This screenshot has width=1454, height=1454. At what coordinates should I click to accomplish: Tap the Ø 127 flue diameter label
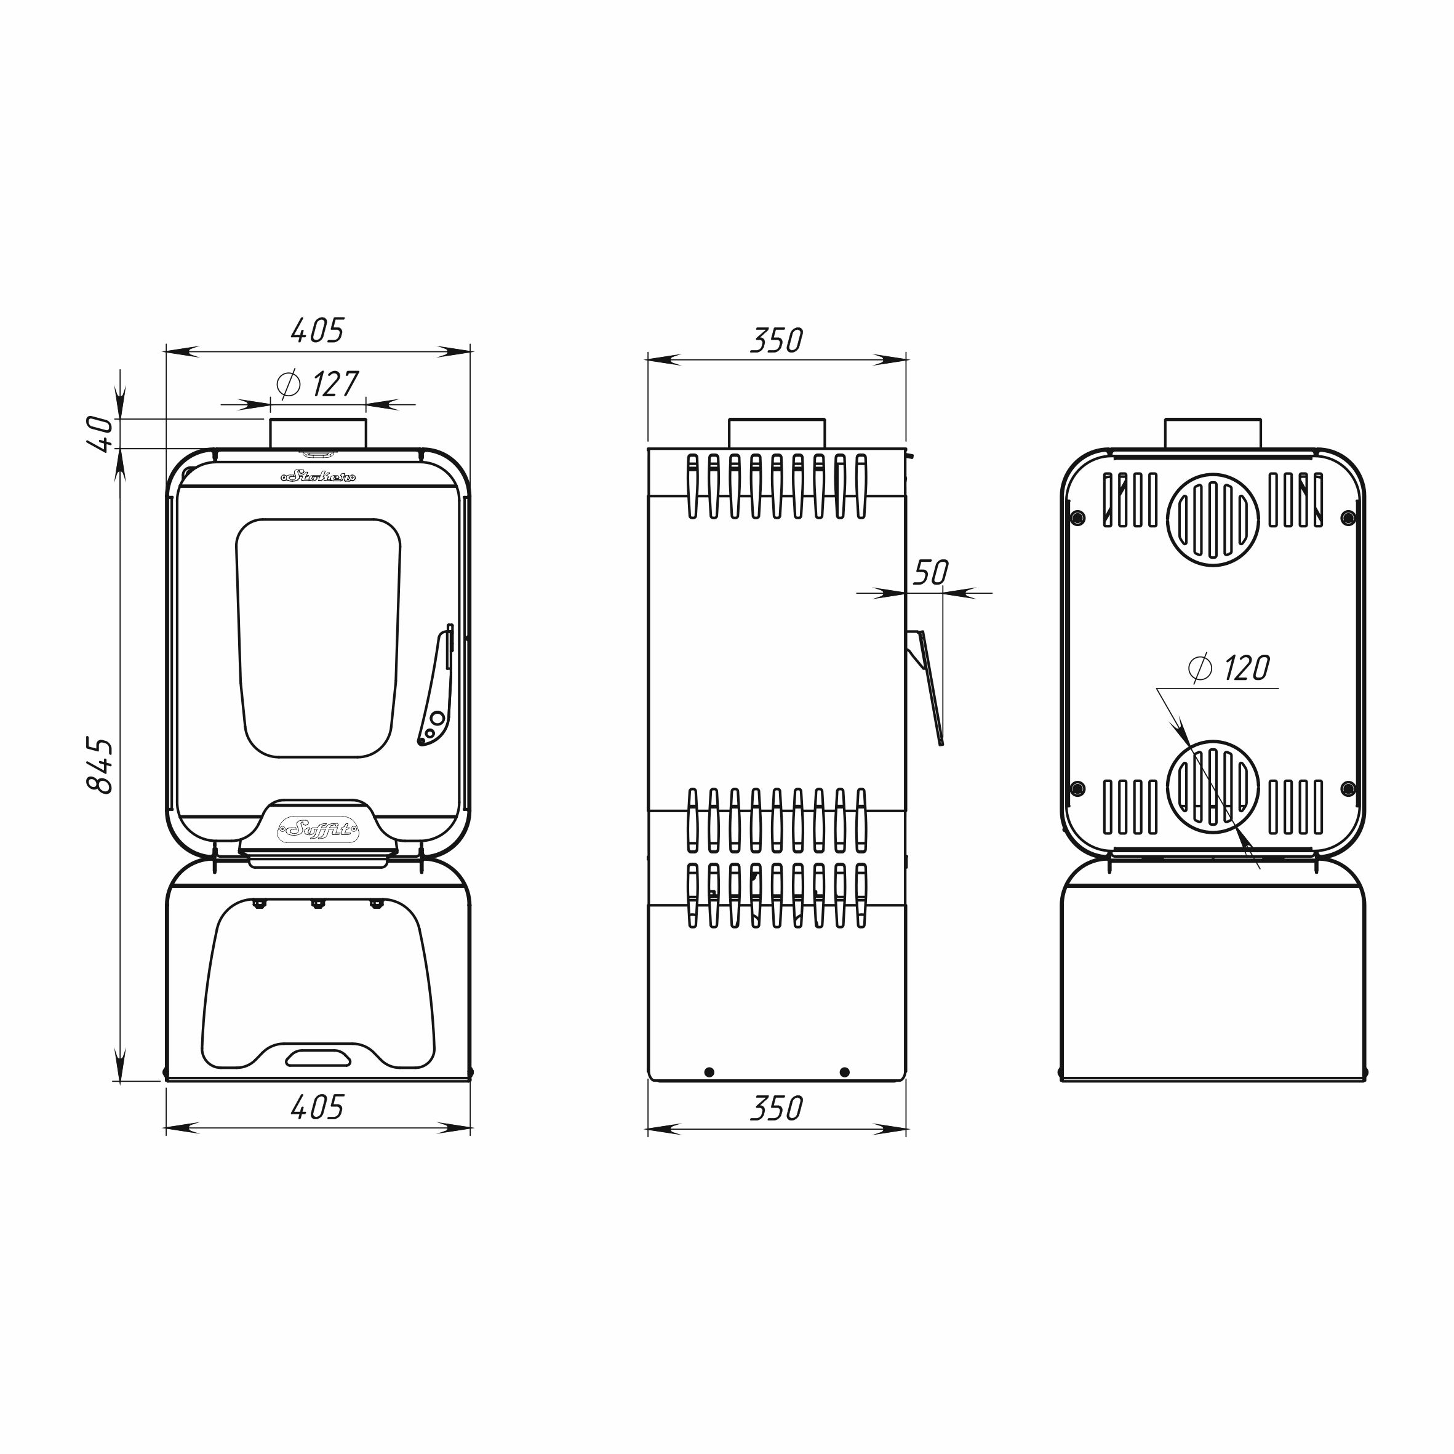click(318, 385)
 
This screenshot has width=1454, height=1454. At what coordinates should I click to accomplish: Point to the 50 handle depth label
click(931, 573)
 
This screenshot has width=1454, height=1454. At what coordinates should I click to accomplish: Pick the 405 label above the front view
click(318, 330)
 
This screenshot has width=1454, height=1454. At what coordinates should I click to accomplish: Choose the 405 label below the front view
click(318, 1107)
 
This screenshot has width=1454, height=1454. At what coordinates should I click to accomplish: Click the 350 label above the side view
click(777, 340)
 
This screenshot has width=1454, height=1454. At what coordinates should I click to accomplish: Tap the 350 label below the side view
click(777, 1108)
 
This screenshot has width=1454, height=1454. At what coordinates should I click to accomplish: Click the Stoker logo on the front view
click(318, 476)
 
